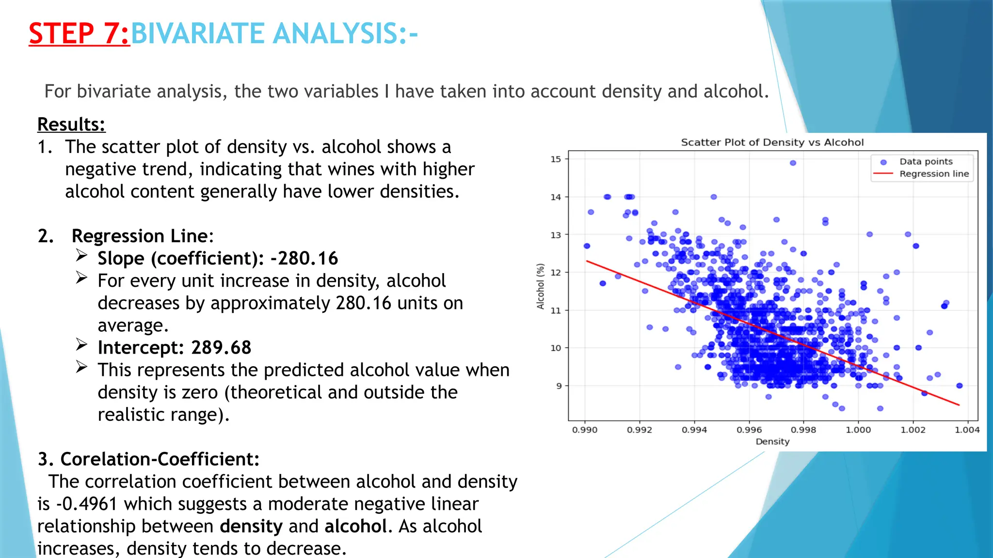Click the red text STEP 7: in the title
click(79, 34)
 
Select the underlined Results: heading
click(71, 124)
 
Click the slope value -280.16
click(304, 259)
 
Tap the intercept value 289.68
click(221, 348)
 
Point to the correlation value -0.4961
click(87, 504)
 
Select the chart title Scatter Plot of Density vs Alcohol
click(772, 142)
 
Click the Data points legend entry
click(926, 162)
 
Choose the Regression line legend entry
click(934, 174)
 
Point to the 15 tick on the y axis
click(556, 159)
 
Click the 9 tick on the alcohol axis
click(559, 386)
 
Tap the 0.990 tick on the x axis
click(585, 430)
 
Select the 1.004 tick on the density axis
click(967, 430)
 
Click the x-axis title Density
click(772, 442)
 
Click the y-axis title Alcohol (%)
click(541, 286)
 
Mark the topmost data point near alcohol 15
click(793, 163)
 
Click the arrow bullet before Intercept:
click(81, 344)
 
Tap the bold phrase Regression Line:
click(143, 236)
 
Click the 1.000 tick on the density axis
click(858, 430)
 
